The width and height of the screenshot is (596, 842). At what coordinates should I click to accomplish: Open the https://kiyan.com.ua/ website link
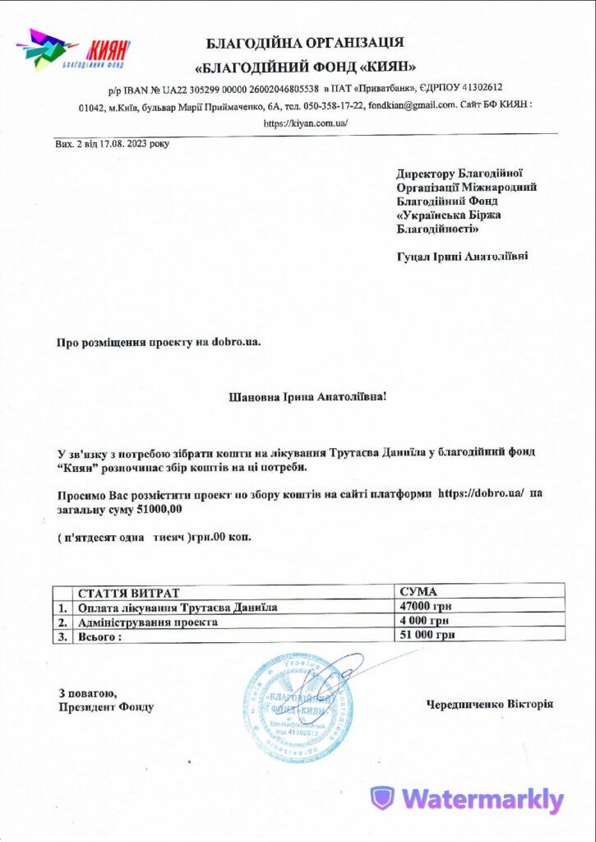[307, 123]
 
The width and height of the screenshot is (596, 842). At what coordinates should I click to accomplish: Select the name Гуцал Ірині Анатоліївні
[462, 256]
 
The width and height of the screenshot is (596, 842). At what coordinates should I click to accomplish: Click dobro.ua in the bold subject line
[236, 340]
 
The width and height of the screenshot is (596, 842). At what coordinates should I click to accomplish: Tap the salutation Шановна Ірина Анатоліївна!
[307, 396]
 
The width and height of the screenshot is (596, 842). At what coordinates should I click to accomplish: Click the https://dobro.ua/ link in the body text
[482, 493]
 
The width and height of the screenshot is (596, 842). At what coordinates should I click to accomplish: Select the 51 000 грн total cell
[427, 635]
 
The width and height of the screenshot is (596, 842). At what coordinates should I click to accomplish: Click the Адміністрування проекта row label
[148, 622]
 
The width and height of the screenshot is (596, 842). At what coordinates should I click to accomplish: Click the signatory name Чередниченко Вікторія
[490, 704]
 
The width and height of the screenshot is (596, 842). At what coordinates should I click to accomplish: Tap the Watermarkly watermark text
[468, 798]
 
